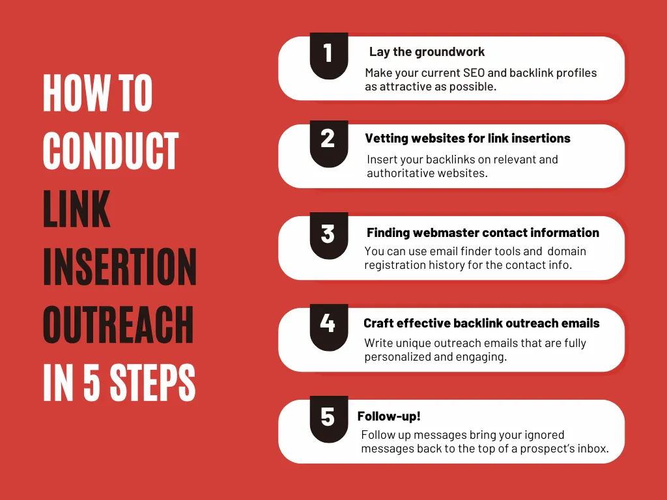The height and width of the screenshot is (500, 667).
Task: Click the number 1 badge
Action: point(328,53)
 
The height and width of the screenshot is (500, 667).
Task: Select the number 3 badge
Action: point(328,233)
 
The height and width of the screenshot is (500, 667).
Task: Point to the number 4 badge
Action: point(328,324)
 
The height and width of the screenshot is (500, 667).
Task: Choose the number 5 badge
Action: point(328,417)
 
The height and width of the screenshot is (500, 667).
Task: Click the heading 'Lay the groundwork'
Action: point(427,52)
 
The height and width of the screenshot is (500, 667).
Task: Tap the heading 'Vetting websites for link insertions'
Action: point(468,139)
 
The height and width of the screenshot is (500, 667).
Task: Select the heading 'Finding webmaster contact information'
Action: point(483,232)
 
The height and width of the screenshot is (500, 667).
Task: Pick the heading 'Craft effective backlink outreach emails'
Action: point(481,324)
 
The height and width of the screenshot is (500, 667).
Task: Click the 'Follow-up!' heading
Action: point(389,417)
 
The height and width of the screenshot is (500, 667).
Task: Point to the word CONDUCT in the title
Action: point(111,151)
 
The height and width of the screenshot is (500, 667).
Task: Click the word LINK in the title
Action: point(77,209)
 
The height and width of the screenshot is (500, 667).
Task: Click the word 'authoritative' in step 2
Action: point(400,173)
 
